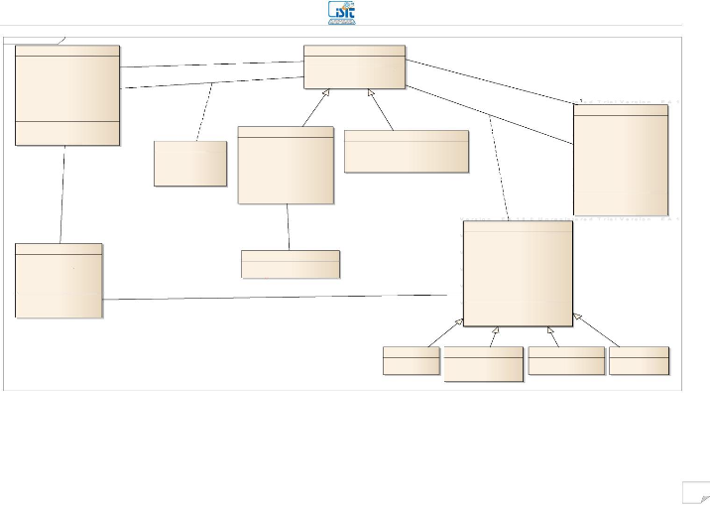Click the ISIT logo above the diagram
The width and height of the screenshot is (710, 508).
[342, 13]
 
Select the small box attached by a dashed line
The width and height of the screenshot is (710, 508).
[190, 163]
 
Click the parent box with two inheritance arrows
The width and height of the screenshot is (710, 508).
[354, 66]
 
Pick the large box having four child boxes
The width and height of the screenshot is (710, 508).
[518, 273]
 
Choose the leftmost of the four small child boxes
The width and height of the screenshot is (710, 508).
[411, 360]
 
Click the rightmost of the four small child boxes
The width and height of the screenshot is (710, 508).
[639, 360]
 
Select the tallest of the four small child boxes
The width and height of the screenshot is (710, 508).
[483, 364]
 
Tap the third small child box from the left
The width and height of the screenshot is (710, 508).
[566, 360]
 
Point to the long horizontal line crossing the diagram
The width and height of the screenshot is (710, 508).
[278, 297]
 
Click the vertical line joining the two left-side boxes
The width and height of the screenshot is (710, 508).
[62, 194]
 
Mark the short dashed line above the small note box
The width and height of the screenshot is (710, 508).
[205, 110]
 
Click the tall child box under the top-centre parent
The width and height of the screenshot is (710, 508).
[286, 165]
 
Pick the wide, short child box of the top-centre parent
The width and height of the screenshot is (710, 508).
[406, 151]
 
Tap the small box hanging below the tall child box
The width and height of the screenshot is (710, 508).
[290, 264]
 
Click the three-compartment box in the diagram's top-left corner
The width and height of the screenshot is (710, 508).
[67, 95]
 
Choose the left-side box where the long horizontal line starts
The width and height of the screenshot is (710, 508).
[59, 280]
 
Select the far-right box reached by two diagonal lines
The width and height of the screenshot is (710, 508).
[620, 159]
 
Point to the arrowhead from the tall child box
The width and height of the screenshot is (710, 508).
[326, 94]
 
